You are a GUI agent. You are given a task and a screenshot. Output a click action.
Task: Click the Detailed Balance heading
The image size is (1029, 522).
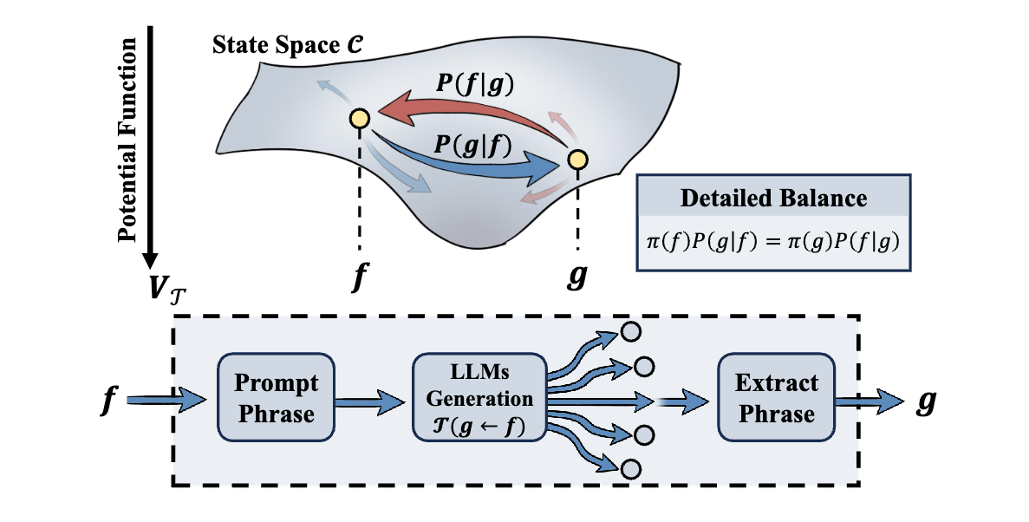click(x=773, y=198)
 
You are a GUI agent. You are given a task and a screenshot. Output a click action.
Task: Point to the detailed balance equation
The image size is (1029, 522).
click(x=773, y=239)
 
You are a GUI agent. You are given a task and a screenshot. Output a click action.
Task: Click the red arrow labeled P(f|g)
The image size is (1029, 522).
click(x=468, y=111)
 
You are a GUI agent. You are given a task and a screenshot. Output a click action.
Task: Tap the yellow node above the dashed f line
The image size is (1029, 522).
click(x=359, y=118)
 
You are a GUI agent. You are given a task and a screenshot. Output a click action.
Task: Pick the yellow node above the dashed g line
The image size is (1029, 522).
click(x=577, y=160)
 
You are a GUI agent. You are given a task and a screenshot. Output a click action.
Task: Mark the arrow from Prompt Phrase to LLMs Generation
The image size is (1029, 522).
click(x=368, y=401)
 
